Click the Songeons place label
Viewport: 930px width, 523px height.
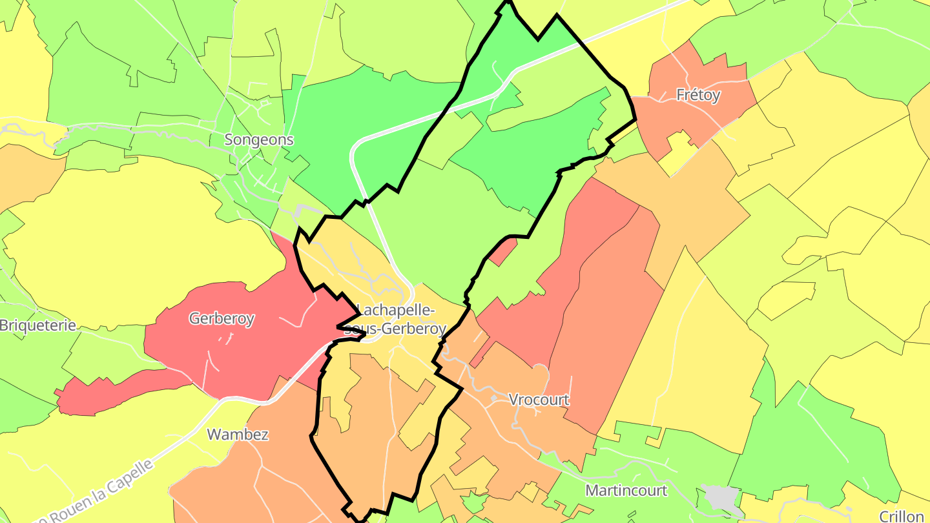(x=258, y=139)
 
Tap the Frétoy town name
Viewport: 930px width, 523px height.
(x=697, y=96)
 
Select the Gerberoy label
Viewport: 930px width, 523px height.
(x=222, y=318)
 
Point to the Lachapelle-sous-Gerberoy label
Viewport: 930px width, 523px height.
(x=395, y=320)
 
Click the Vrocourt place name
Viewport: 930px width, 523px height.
(x=539, y=400)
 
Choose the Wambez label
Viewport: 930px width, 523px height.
(x=238, y=434)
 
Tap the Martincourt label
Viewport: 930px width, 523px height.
(x=626, y=490)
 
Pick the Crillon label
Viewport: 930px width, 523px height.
(x=902, y=516)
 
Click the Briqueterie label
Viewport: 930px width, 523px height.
(x=37, y=325)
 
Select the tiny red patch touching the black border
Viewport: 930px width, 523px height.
(x=503, y=252)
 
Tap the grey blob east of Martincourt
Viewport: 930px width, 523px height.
(x=720, y=497)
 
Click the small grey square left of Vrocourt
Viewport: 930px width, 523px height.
(x=493, y=398)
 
